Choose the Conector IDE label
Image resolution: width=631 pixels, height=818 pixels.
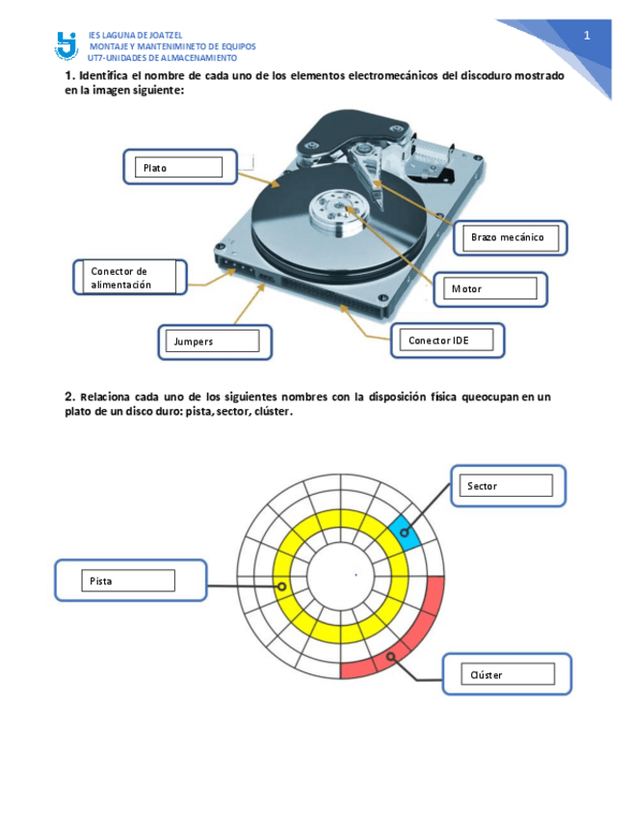450,340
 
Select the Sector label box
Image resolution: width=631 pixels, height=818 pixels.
506,485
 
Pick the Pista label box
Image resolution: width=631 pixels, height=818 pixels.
127,581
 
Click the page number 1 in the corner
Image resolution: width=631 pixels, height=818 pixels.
586,36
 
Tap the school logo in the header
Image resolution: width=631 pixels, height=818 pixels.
66,44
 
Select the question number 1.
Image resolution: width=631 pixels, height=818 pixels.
69,75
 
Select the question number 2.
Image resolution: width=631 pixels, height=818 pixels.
69,396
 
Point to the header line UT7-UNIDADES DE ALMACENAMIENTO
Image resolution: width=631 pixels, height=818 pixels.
162,58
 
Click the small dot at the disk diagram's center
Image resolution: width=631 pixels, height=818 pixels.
355,575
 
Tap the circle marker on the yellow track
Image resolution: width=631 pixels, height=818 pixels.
280,586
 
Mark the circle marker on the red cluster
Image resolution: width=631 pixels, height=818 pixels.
390,658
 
